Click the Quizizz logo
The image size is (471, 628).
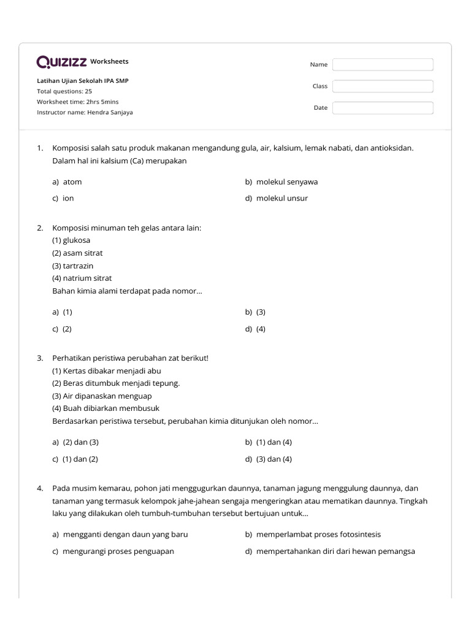(61, 62)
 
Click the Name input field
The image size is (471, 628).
(383, 64)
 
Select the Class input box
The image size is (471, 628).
(383, 86)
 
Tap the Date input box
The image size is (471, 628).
(383, 108)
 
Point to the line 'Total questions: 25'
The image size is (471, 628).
(64, 91)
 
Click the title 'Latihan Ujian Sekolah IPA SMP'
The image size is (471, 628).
(83, 81)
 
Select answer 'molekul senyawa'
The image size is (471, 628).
(286, 182)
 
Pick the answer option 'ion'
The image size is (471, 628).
(68, 198)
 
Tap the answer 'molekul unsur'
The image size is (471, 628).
(281, 198)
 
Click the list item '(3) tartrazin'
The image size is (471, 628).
(73, 266)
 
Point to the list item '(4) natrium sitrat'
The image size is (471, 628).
(82, 278)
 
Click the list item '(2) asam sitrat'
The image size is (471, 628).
(77, 253)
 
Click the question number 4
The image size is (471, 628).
(40, 488)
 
